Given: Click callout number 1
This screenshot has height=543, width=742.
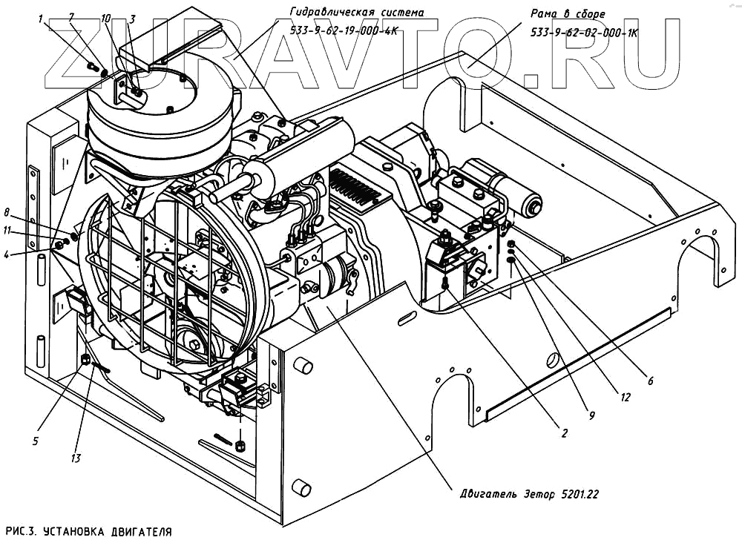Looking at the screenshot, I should (41, 19).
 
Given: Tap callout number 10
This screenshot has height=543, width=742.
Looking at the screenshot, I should (106, 17).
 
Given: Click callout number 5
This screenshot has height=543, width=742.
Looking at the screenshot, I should (35, 441).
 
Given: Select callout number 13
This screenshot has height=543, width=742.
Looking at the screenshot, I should (75, 458).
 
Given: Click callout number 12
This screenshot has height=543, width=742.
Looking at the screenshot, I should (626, 398).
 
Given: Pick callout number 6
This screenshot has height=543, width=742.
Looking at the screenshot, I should (650, 381).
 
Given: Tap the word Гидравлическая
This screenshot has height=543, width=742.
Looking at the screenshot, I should (326, 12).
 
